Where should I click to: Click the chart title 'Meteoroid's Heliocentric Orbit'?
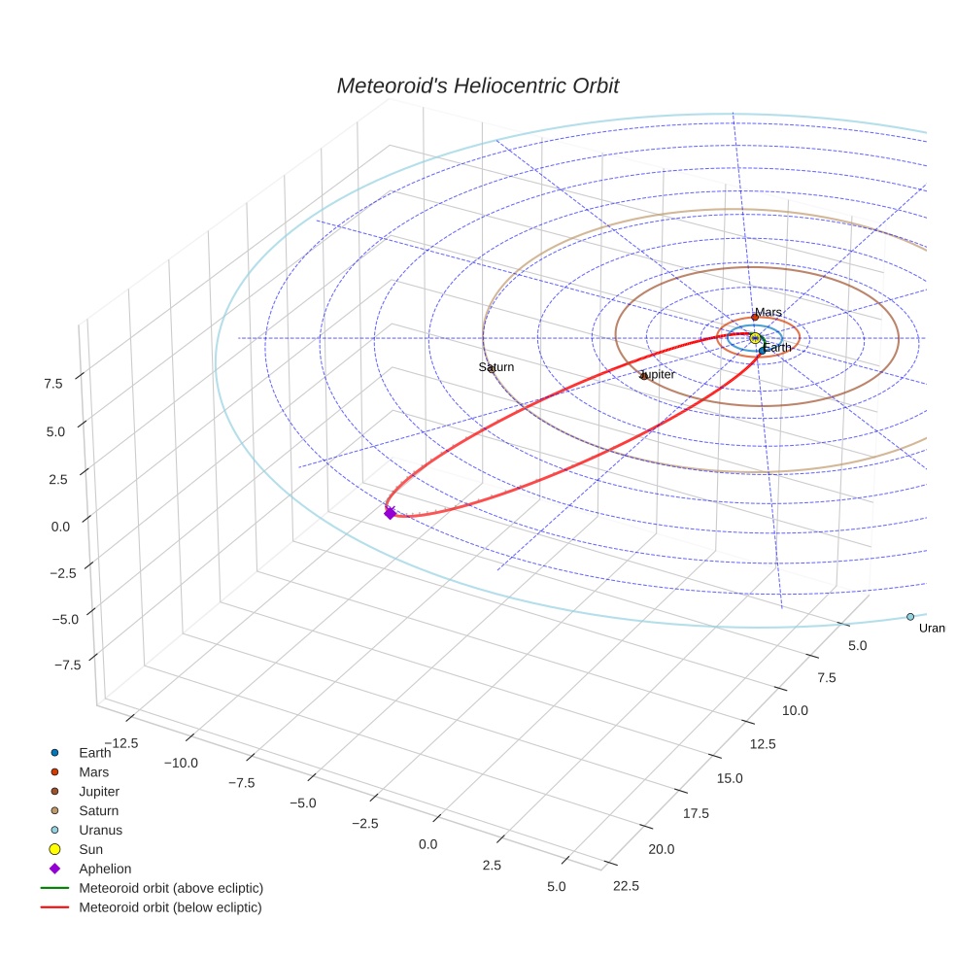pos(477,85)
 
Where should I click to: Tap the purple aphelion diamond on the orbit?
pos(390,513)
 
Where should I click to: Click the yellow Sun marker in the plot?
pos(755,338)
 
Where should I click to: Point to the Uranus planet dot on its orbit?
pos(910,617)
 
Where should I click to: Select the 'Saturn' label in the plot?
pos(496,367)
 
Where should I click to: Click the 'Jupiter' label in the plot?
pos(657,374)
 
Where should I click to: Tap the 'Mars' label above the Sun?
pos(768,312)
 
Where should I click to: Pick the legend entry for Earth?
pos(94,753)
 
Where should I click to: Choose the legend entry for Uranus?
pos(100,831)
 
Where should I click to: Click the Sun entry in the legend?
pos(90,850)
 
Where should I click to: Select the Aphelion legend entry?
pos(105,870)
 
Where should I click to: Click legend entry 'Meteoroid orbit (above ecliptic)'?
pos(171,889)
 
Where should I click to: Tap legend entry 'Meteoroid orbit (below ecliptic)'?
pos(170,908)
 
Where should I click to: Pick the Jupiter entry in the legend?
pos(99,792)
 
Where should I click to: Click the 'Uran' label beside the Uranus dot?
pos(932,629)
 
